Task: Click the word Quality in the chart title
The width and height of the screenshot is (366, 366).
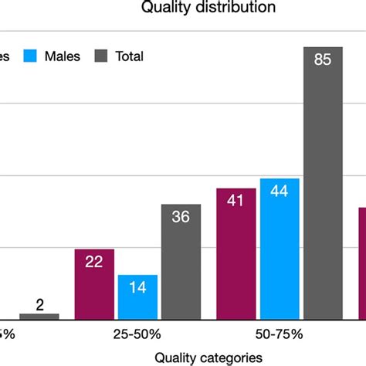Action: pos(164,8)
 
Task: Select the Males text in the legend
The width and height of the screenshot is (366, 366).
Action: pos(62,56)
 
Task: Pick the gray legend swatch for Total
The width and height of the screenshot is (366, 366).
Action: pos(102,56)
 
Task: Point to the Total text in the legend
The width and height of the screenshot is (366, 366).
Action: pos(129,56)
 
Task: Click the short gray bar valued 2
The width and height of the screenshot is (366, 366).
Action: pos(39,316)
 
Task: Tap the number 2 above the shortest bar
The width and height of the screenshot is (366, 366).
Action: pos(39,303)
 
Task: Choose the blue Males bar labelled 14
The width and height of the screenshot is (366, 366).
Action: pos(137,297)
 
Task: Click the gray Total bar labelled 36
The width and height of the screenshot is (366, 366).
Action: pos(181,262)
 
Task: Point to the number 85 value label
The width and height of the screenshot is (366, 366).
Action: pos(323,60)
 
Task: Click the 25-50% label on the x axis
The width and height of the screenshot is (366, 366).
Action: pos(137,334)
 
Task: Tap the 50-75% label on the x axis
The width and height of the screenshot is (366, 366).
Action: pos(280,334)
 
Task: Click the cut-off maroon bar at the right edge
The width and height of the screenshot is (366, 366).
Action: pos(361,263)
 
